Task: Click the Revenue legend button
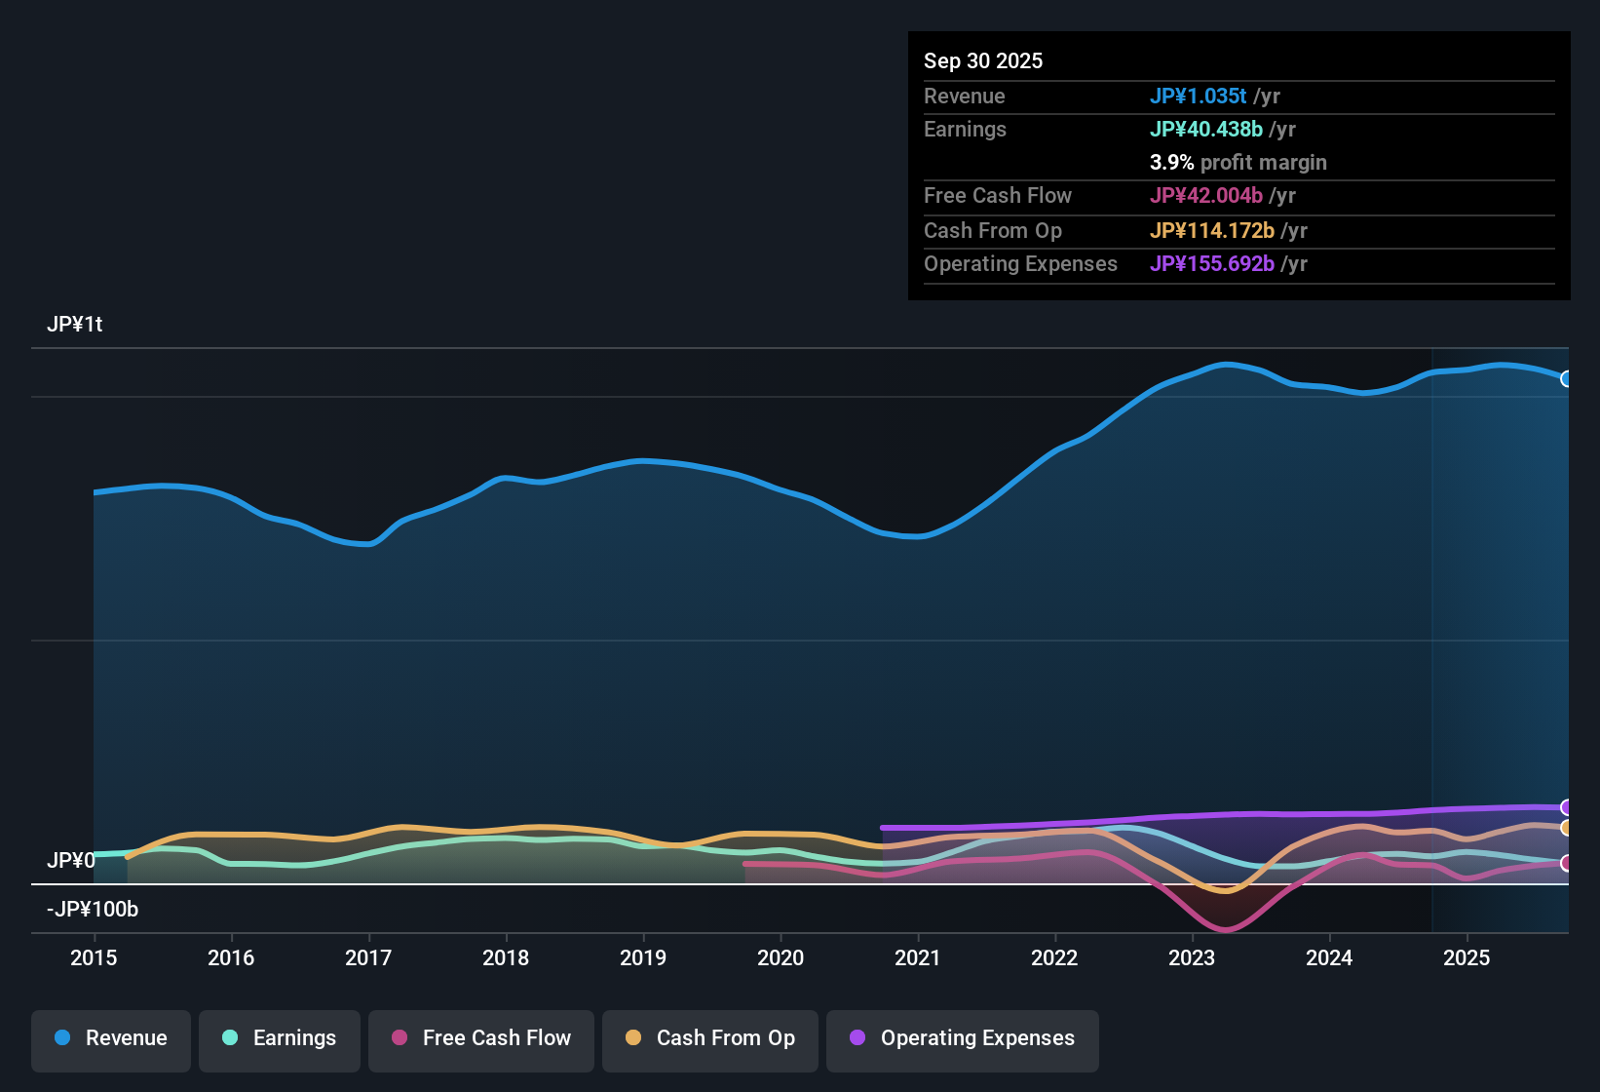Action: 111,1038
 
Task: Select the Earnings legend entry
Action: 280,1038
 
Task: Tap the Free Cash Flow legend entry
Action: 481,1038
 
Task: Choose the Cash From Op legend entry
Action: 710,1038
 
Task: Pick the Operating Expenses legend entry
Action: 963,1038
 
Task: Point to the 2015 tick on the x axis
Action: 94,957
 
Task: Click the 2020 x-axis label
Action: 781,957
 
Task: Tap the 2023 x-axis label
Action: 1192,957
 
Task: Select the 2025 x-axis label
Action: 1467,957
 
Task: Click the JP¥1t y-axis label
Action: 75,324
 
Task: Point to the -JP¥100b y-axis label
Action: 93,909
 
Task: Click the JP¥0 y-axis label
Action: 71,860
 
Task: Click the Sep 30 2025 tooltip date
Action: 983,60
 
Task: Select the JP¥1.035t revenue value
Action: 1198,96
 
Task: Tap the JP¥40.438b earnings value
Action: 1205,129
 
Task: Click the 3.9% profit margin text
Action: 1238,162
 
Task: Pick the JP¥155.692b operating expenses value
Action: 1211,263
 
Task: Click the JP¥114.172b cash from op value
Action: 1211,230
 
